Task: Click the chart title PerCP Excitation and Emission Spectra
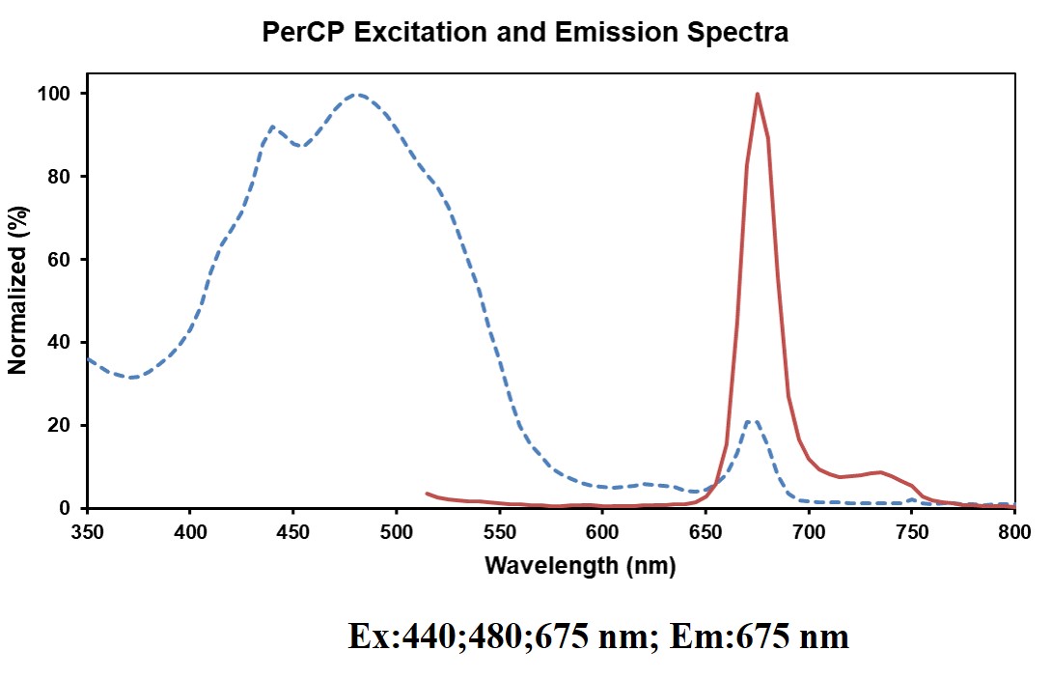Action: click(x=525, y=33)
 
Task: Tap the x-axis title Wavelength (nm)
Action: click(x=579, y=566)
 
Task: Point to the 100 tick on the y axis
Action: click(x=60, y=94)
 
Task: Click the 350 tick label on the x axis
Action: click(x=87, y=530)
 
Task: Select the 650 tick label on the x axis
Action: click(x=706, y=530)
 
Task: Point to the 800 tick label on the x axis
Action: click(x=1013, y=530)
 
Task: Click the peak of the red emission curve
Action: click(x=758, y=95)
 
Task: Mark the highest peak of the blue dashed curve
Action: click(x=358, y=95)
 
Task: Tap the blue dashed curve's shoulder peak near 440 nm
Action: click(x=272, y=127)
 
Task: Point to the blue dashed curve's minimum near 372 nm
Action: click(x=132, y=377)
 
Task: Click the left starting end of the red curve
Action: click(x=428, y=494)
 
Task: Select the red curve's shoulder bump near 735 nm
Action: click(x=879, y=472)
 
